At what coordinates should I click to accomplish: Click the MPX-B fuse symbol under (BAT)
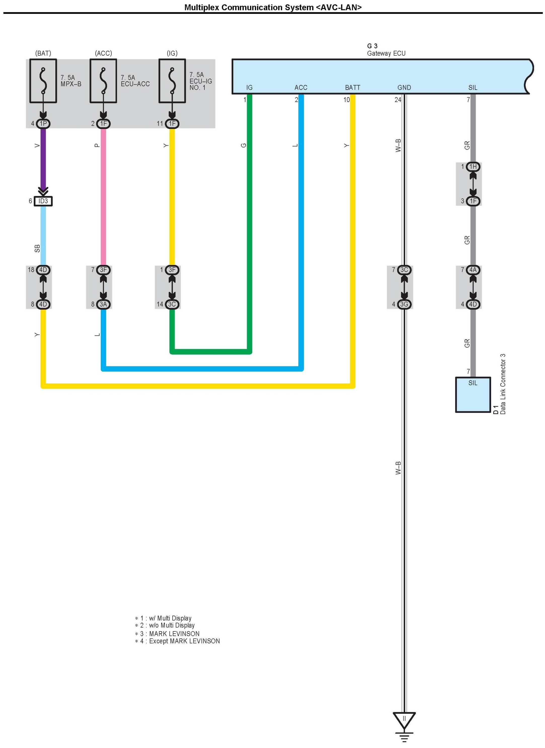43,81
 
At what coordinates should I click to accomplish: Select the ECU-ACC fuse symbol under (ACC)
103,81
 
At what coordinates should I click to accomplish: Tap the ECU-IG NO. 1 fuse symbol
172,81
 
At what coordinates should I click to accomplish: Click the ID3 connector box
43,201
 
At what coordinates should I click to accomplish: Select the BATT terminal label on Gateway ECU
352,87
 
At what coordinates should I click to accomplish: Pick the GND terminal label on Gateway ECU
404,87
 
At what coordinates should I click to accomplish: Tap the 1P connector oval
43,123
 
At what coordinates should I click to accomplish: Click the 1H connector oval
473,167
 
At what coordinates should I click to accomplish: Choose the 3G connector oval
404,304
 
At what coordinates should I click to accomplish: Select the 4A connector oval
473,270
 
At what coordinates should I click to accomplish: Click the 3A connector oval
103,304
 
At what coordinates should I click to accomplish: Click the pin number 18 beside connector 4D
31,270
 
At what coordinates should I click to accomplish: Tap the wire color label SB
37,248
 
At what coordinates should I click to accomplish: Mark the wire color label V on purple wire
37,146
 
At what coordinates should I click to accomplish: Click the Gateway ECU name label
386,53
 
